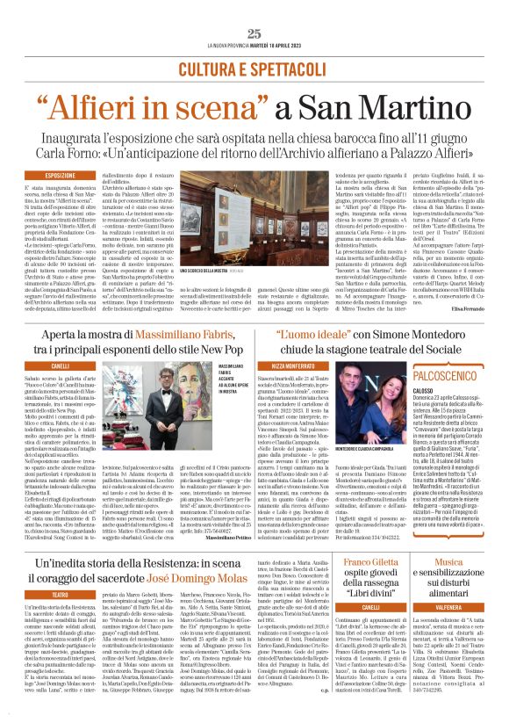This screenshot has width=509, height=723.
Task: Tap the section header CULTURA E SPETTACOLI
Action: point(254,69)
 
